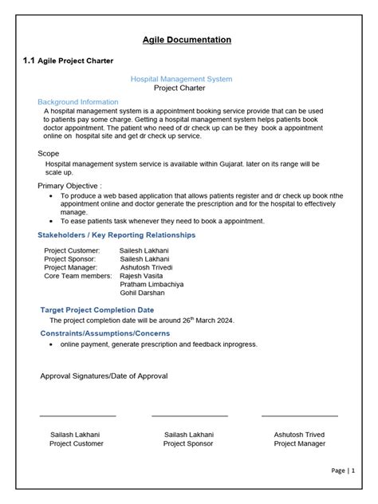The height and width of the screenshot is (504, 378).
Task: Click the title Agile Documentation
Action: coord(187,39)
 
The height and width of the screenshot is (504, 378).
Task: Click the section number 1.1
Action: coord(30,60)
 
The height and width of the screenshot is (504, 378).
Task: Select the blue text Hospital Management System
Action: coord(181,79)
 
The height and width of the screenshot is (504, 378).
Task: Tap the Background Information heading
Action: coord(78,102)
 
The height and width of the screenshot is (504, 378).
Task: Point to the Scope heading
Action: coord(49,152)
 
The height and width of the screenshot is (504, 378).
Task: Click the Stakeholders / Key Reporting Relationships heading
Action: coord(116,235)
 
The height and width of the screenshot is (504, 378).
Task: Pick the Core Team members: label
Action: coord(78,275)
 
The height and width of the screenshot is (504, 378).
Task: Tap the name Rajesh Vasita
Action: coord(144,275)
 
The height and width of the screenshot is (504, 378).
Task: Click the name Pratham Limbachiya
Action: coord(152,284)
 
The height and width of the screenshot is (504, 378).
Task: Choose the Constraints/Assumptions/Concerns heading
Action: coord(104,333)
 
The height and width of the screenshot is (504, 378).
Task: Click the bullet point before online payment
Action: coord(52,345)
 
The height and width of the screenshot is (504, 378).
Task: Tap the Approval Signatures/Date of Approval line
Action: coord(104,376)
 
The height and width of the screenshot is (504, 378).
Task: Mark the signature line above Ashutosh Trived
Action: coord(299,415)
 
